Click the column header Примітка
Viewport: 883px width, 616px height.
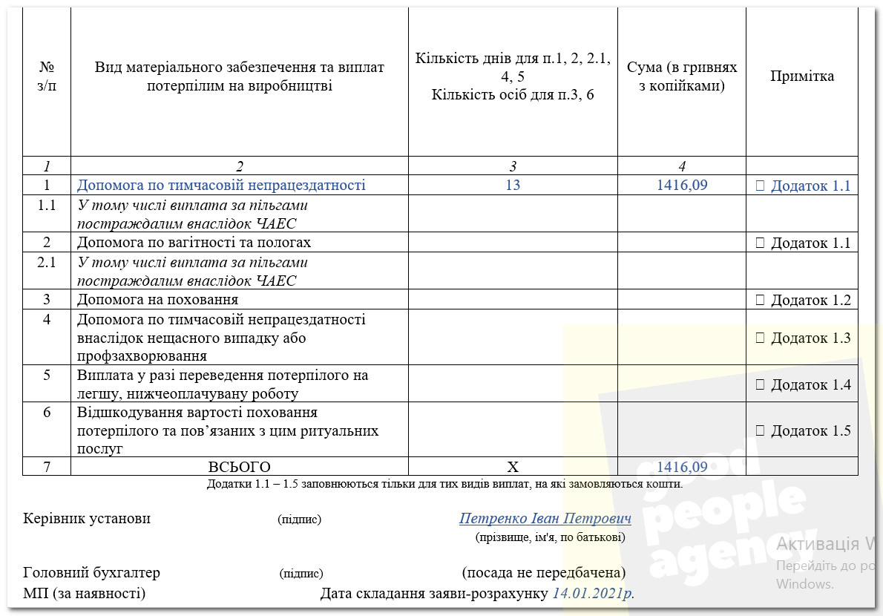tap(801, 76)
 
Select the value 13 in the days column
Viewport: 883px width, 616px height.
tap(513, 185)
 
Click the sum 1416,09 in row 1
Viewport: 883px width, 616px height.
tap(682, 185)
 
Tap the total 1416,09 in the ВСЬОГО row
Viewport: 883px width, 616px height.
tap(682, 467)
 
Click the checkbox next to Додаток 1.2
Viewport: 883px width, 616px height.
tap(759, 300)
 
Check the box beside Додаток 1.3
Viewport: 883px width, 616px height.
tap(759, 338)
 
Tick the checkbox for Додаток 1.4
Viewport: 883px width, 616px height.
tap(759, 384)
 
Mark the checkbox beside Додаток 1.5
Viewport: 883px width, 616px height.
tap(759, 430)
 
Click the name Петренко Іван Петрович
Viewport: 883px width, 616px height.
tap(545, 518)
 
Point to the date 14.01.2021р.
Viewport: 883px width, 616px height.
tap(593, 594)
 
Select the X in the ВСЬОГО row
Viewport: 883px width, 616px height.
tap(513, 467)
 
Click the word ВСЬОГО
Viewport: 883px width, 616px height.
tap(239, 467)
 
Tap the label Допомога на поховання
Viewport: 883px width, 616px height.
tap(157, 300)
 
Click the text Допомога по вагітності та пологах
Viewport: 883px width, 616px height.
tap(194, 243)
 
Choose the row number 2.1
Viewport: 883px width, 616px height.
tap(47, 262)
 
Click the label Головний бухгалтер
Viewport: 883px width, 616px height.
tap(92, 573)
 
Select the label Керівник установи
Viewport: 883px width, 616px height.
tap(87, 518)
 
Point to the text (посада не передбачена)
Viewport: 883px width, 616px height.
tap(543, 573)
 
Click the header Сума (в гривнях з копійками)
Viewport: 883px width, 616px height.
tap(682, 76)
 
